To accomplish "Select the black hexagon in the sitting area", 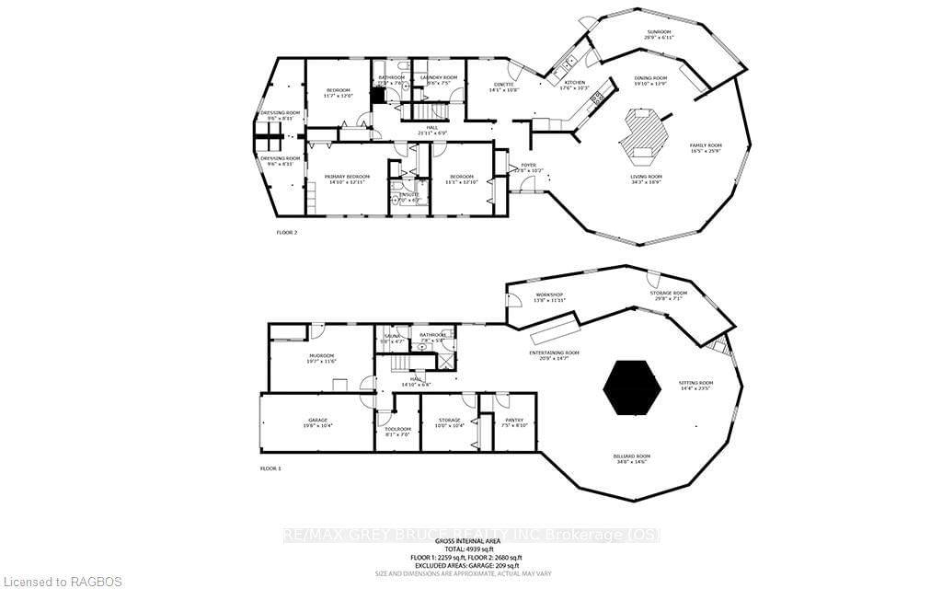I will pyautogui.click(x=632, y=388).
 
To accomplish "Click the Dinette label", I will pyautogui.click(x=503, y=87).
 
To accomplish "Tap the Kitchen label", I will pyautogui.click(x=574, y=85).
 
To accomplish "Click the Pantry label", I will pyautogui.click(x=514, y=422).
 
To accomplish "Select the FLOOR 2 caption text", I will pyautogui.click(x=287, y=233).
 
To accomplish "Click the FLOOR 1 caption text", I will pyautogui.click(x=270, y=468).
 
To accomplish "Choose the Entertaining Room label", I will pyautogui.click(x=554, y=354).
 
